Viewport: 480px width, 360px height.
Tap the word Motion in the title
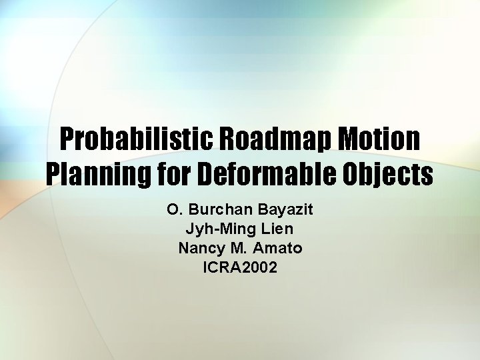(x=380, y=139)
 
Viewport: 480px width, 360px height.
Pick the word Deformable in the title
(x=263, y=175)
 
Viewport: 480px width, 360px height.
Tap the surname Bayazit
(x=283, y=210)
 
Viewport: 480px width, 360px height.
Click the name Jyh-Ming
(x=215, y=229)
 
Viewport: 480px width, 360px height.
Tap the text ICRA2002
(x=240, y=268)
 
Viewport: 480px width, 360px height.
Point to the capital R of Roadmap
(x=224, y=139)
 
